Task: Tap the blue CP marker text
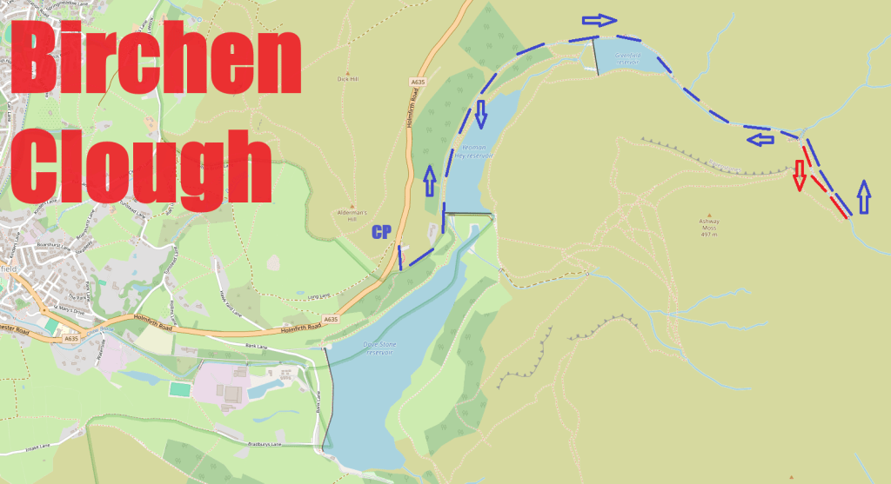[x=381, y=232]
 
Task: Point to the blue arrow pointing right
[x=600, y=20]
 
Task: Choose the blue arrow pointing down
[x=482, y=111]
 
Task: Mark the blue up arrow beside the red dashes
[x=862, y=197]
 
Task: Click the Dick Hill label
[x=348, y=79]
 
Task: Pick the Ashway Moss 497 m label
[x=710, y=228]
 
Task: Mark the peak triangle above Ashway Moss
[x=710, y=215]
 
